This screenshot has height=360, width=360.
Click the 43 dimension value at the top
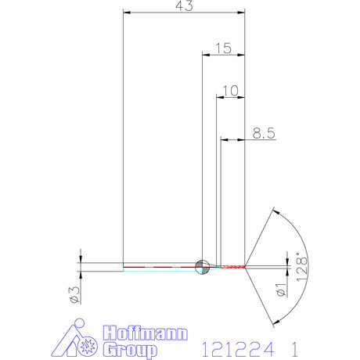point(185,5)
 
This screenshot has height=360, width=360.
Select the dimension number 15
point(223,49)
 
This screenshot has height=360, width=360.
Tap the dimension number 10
point(230,91)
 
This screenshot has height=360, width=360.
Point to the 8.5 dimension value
point(264,134)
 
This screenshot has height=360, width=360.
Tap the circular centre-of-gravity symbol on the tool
point(202,267)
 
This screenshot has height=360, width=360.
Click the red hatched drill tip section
point(233,267)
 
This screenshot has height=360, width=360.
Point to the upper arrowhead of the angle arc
point(274,211)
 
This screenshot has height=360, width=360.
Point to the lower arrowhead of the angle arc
point(274,322)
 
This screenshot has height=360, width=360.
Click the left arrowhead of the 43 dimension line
point(128,13)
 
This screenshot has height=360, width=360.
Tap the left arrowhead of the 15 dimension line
point(206,55)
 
